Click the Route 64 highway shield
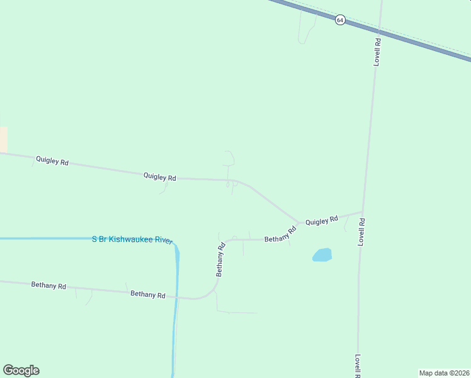[x=340, y=20]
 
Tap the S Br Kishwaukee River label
[x=132, y=239]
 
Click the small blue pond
[x=322, y=255]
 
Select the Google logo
[x=21, y=370]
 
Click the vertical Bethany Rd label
[x=221, y=260]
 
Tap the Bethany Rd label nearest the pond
[x=281, y=236]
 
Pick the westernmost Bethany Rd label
[x=48, y=285]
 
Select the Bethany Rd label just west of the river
[x=148, y=295]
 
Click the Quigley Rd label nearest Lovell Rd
[x=322, y=220]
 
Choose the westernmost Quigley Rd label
[x=52, y=161]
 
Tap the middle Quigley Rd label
[x=159, y=177]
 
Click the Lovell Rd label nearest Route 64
[x=377, y=52]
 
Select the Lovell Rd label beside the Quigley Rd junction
[x=362, y=231]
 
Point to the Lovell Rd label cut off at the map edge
[x=357, y=365]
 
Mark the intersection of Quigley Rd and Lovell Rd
[x=363, y=212]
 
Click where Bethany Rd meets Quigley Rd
[x=298, y=225]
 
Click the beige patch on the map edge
[x=3, y=139]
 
